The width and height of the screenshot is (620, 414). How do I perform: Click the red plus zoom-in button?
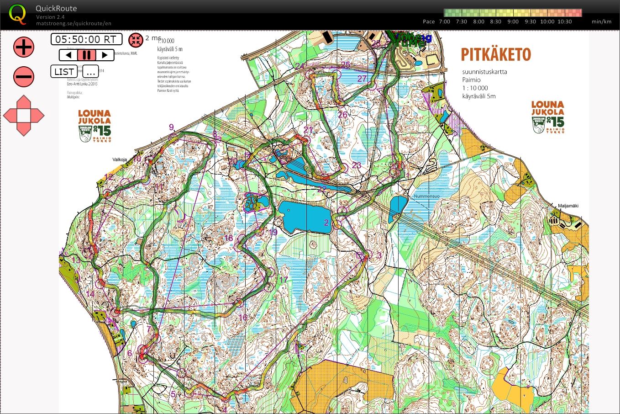23,47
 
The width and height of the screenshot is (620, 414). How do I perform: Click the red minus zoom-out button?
23,76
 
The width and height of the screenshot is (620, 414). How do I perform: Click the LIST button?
64,72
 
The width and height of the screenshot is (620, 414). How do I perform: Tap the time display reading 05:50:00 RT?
86,39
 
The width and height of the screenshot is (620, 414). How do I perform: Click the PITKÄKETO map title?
495,55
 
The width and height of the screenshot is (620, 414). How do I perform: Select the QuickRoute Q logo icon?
17,14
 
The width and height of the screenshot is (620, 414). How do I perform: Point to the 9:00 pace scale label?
513,21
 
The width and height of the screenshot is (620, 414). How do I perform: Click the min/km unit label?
601,21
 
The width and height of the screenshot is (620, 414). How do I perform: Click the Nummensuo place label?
426,196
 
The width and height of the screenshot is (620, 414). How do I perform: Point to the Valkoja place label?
120,160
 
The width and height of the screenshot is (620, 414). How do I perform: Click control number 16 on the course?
243,317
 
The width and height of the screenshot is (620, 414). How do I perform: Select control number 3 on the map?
378,255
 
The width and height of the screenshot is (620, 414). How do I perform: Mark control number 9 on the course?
172,127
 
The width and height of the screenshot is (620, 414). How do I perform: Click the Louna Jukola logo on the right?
547,117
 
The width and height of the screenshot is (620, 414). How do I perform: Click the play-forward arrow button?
105,55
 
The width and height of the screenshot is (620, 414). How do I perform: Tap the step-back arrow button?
68,55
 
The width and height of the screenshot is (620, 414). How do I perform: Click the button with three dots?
90,72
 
